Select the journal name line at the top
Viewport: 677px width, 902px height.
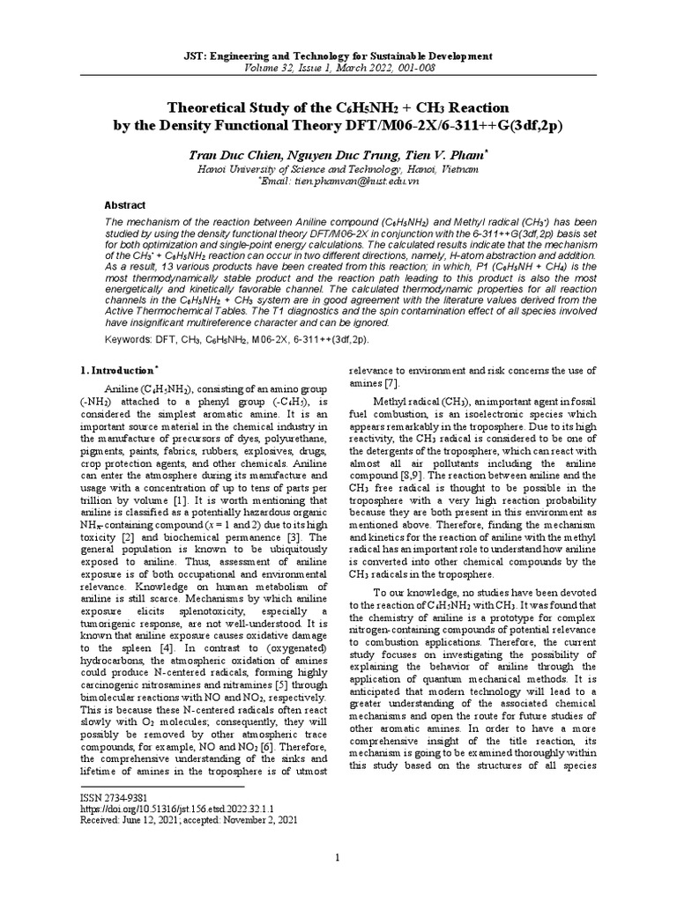pyautogui.click(x=338, y=55)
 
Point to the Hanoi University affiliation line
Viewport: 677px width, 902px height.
pyautogui.click(x=338, y=167)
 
